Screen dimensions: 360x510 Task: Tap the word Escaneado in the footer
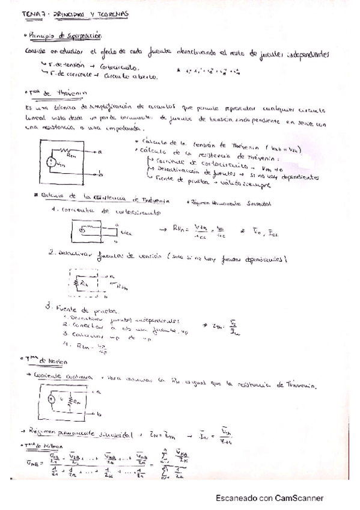point(238,498)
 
